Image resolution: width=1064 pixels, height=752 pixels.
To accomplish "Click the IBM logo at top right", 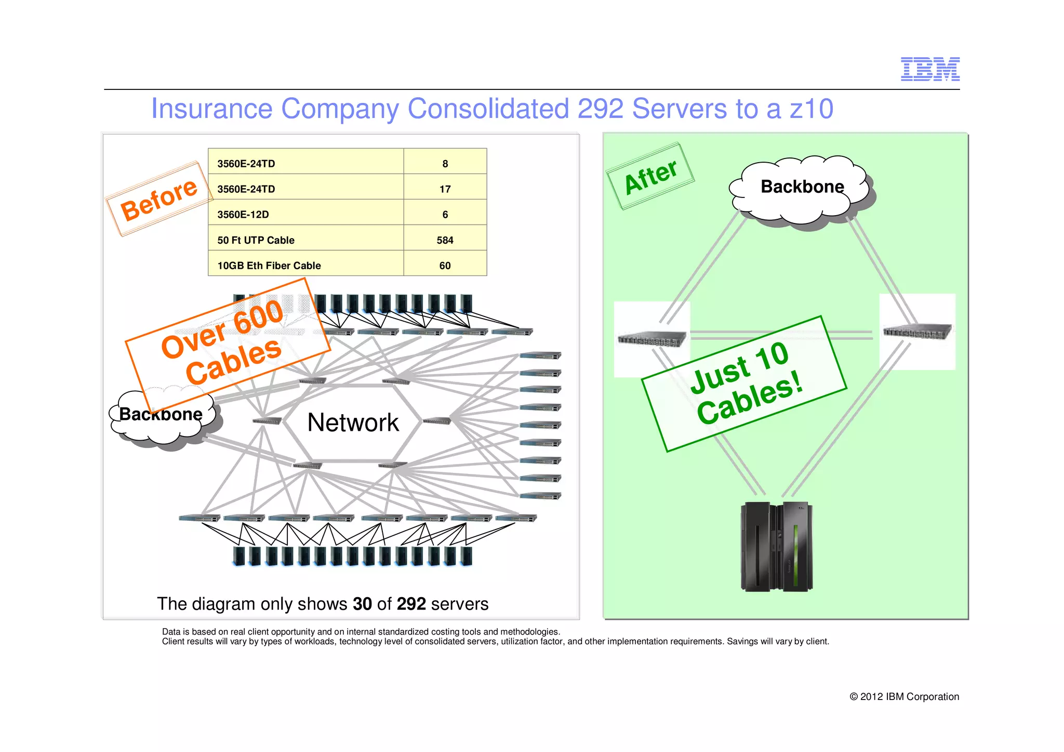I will pos(929,69).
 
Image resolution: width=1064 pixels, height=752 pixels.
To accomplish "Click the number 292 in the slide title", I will pos(600,109).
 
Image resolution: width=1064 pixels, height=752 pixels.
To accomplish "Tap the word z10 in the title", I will pos(811,109).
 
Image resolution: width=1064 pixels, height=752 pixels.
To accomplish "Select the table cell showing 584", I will pos(445,240).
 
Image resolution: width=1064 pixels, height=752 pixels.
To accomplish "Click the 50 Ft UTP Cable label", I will pos(256,240).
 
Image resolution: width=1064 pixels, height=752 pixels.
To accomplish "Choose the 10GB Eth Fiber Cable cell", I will pos(269,266).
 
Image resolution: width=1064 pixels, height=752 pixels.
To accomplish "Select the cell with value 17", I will pos(445,189).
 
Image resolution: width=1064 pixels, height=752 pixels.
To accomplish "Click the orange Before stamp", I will pos(158,200).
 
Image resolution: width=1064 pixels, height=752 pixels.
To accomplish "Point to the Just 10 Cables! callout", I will pos(744,384).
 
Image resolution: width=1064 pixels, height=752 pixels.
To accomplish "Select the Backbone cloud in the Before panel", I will pos(161,416).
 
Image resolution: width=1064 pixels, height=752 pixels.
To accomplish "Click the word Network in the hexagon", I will pos(353,422).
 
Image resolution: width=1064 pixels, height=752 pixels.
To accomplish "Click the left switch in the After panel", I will pos(651,339).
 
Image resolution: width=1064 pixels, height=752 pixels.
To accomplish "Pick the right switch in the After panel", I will pos(917,331).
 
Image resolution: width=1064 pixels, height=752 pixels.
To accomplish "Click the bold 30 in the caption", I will pos(362,604).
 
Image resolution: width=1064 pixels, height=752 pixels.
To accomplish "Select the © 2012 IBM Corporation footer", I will pos(904,696).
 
